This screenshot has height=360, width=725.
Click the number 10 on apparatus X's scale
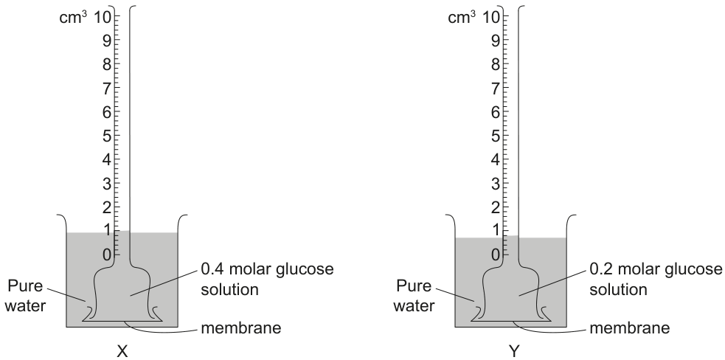103,18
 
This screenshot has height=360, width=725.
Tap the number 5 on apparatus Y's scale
495,136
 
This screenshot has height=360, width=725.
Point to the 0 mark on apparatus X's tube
106,254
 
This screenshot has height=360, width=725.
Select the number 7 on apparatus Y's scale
495,89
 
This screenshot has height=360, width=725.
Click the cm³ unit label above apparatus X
73,17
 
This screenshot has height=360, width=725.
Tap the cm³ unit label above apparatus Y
462,17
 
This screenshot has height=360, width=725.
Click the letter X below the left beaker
122,352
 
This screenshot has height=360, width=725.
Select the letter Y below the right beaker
514,352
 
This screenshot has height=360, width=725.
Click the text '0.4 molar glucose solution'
267,279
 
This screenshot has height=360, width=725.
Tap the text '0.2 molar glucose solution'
656,279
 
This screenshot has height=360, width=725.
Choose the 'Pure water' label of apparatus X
26,296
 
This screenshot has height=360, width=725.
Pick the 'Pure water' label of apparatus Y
415,296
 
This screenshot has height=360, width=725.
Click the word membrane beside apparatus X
241,328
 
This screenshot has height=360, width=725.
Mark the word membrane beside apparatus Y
630,328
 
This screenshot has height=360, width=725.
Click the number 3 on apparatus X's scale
106,184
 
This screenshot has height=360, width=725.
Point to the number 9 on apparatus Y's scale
495,41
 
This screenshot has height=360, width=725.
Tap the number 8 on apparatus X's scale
106,64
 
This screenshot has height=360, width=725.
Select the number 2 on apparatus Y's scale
495,207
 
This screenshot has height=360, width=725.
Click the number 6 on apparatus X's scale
106,112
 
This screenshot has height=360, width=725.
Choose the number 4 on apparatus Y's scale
495,160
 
